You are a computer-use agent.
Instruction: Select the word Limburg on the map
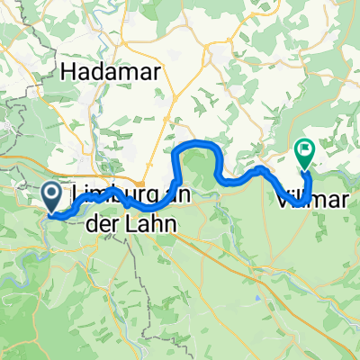[106, 196]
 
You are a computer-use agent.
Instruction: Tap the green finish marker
[304, 156]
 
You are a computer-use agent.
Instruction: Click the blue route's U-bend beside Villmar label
[306, 180]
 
